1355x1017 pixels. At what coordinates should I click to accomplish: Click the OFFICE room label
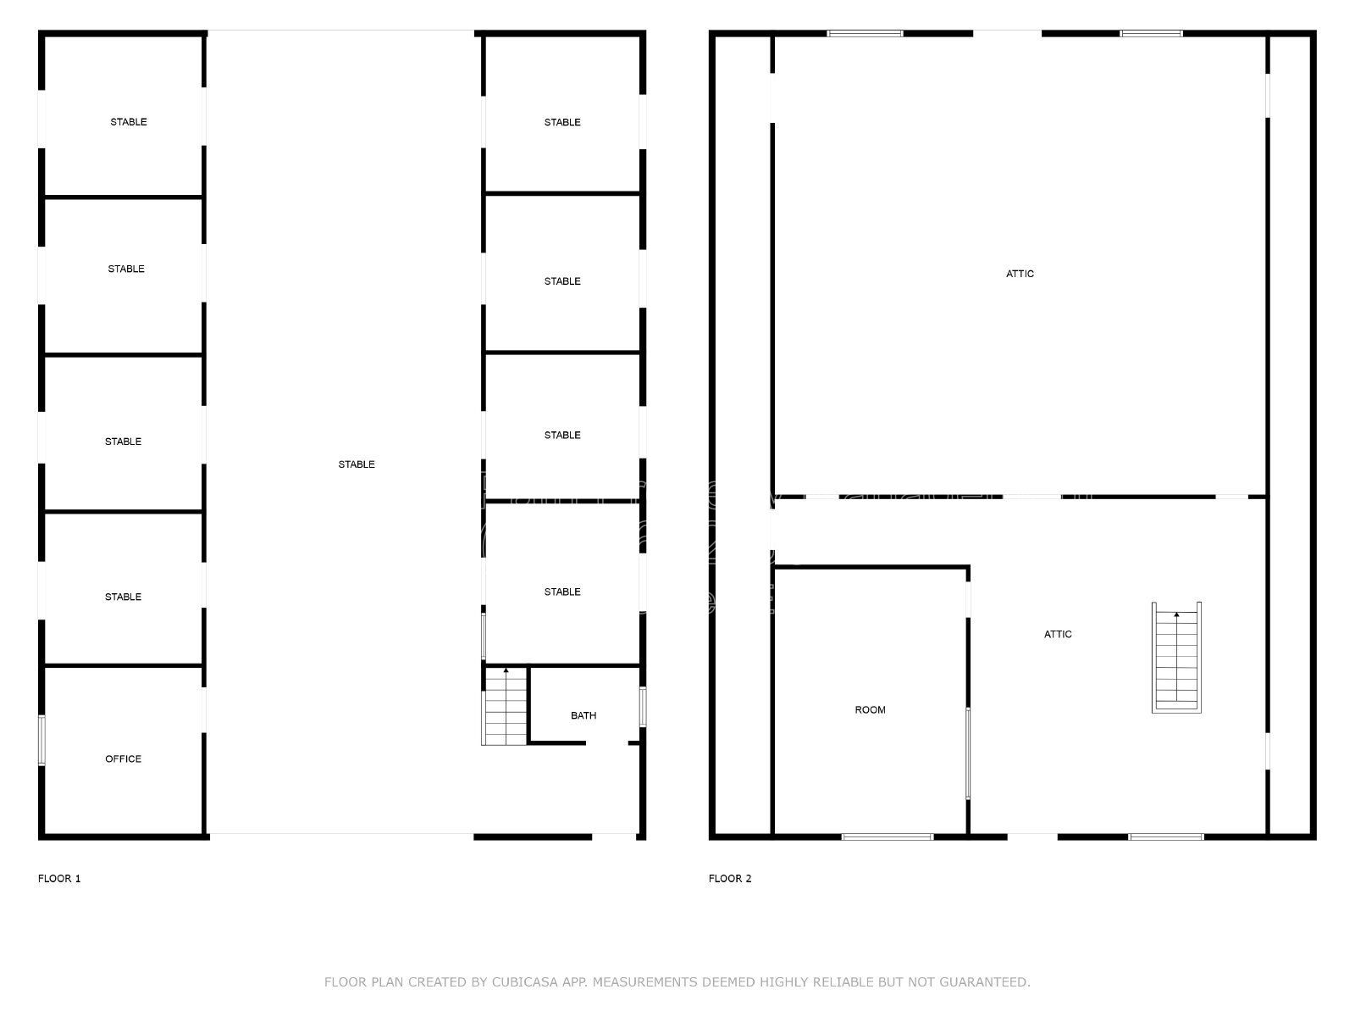123,759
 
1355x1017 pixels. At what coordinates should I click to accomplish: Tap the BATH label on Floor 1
583,715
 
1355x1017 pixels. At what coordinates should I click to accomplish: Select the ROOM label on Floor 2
870,710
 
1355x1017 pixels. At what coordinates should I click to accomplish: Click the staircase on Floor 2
1176,658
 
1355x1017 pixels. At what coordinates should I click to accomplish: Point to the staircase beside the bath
505,706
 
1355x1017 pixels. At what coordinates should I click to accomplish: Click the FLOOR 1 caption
59,879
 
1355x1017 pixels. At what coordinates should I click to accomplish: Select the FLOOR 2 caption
730,879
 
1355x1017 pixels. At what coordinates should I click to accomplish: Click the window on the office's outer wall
42,741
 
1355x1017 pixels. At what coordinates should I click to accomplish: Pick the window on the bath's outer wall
643,707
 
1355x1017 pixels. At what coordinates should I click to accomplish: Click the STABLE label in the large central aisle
357,464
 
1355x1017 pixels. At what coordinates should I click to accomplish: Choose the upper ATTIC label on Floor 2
1020,274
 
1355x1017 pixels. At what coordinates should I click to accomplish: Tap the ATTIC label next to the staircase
1058,634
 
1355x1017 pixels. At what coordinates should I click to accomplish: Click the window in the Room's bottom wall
888,836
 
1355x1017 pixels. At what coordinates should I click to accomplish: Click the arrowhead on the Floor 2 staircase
1176,614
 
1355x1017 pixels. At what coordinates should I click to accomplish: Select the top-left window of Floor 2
865,33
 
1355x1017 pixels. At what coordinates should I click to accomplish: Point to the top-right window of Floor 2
1151,33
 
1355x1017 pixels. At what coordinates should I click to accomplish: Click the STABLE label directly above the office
123,597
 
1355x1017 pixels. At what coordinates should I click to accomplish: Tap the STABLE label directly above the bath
562,592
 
